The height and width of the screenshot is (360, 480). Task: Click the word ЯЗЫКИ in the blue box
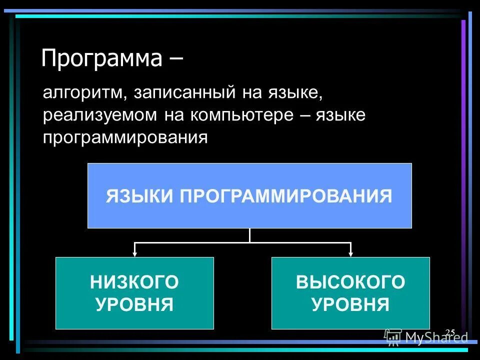pos(139,196)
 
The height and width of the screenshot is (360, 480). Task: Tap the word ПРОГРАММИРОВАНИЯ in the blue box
pos(286,196)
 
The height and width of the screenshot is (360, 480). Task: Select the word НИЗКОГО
pos(134,282)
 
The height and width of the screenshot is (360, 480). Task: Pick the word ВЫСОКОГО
pos(350,282)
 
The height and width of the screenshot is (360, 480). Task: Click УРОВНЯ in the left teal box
pos(134,304)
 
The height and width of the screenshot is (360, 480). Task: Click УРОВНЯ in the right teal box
pos(350,304)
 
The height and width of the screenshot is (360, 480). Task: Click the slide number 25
pos(449,332)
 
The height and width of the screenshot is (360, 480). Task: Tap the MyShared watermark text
pos(436,338)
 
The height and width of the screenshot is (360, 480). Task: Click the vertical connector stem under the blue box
pos(249,235)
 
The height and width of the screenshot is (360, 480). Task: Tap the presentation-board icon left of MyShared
pos(393,337)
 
